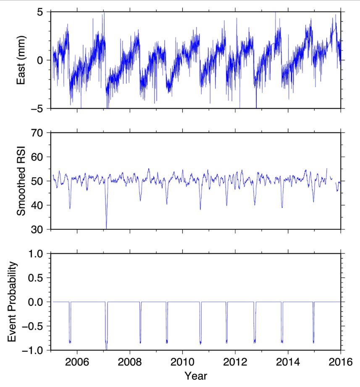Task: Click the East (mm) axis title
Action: click(21, 60)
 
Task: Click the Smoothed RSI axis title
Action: click(21, 181)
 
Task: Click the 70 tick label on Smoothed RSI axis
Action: click(39, 133)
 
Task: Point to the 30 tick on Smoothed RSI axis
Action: click(39, 229)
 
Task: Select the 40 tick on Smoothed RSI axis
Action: click(39, 205)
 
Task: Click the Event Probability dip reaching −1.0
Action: click(106, 348)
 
